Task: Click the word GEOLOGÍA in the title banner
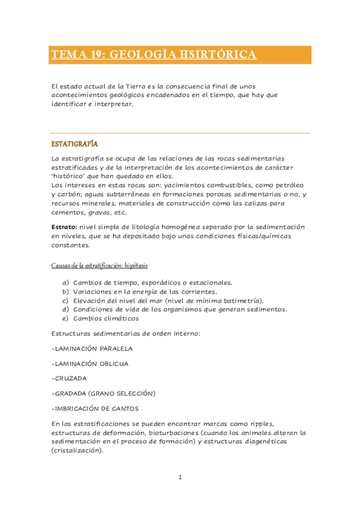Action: click(135, 55)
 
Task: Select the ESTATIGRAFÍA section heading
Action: click(75, 144)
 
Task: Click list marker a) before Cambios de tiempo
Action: click(66, 282)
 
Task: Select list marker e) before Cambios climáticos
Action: click(66, 318)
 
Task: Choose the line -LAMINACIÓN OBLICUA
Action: click(90, 363)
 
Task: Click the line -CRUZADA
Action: click(69, 378)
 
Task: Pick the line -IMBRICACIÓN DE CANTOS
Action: click(95, 408)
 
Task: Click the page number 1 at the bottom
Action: click(180, 478)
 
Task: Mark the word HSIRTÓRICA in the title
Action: click(216, 55)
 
